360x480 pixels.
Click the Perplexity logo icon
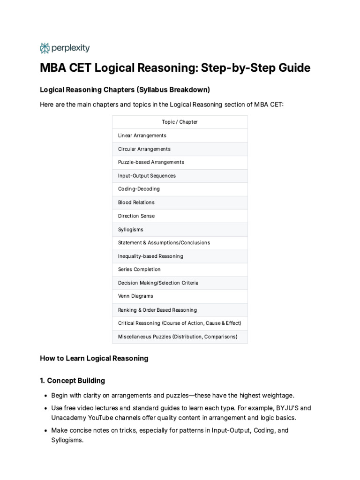point(45,48)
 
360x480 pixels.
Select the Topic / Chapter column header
point(180,122)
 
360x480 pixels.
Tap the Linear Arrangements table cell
point(142,135)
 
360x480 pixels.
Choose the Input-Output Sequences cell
point(147,176)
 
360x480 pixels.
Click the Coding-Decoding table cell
point(139,189)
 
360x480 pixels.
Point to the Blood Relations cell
point(136,202)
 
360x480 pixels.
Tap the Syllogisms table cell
point(131,230)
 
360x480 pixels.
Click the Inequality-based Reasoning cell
point(150,256)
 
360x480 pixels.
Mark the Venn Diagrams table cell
point(135,296)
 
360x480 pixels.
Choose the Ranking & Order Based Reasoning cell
point(157,310)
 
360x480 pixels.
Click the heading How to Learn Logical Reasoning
point(94,359)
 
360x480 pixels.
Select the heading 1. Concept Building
point(73,381)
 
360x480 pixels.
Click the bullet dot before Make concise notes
point(45,430)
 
